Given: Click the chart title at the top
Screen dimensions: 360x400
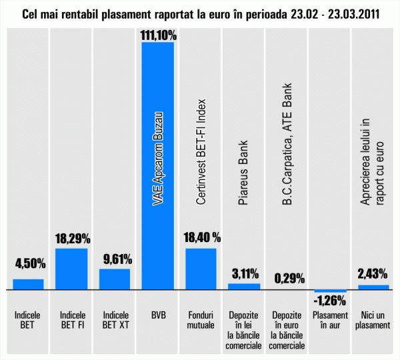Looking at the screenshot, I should (x=200, y=13).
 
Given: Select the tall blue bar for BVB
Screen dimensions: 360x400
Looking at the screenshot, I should (x=157, y=167).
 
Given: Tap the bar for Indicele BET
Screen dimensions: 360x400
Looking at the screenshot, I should (x=29, y=285).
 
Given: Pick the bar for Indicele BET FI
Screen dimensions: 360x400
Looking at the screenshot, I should (x=71, y=269).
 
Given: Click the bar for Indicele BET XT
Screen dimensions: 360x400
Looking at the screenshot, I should (x=115, y=279).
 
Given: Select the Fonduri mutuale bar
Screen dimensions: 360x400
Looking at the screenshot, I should (x=201, y=269).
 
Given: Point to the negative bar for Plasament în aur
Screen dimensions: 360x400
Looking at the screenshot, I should (x=331, y=292).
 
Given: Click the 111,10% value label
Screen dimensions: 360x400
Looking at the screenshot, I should (x=158, y=35).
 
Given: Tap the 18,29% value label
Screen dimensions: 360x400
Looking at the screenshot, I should (x=72, y=238).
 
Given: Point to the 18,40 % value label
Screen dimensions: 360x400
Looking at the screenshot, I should (x=201, y=238).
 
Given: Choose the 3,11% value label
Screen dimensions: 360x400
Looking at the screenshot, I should (x=245, y=273).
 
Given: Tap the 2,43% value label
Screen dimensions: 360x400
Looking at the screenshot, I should (x=374, y=273).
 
